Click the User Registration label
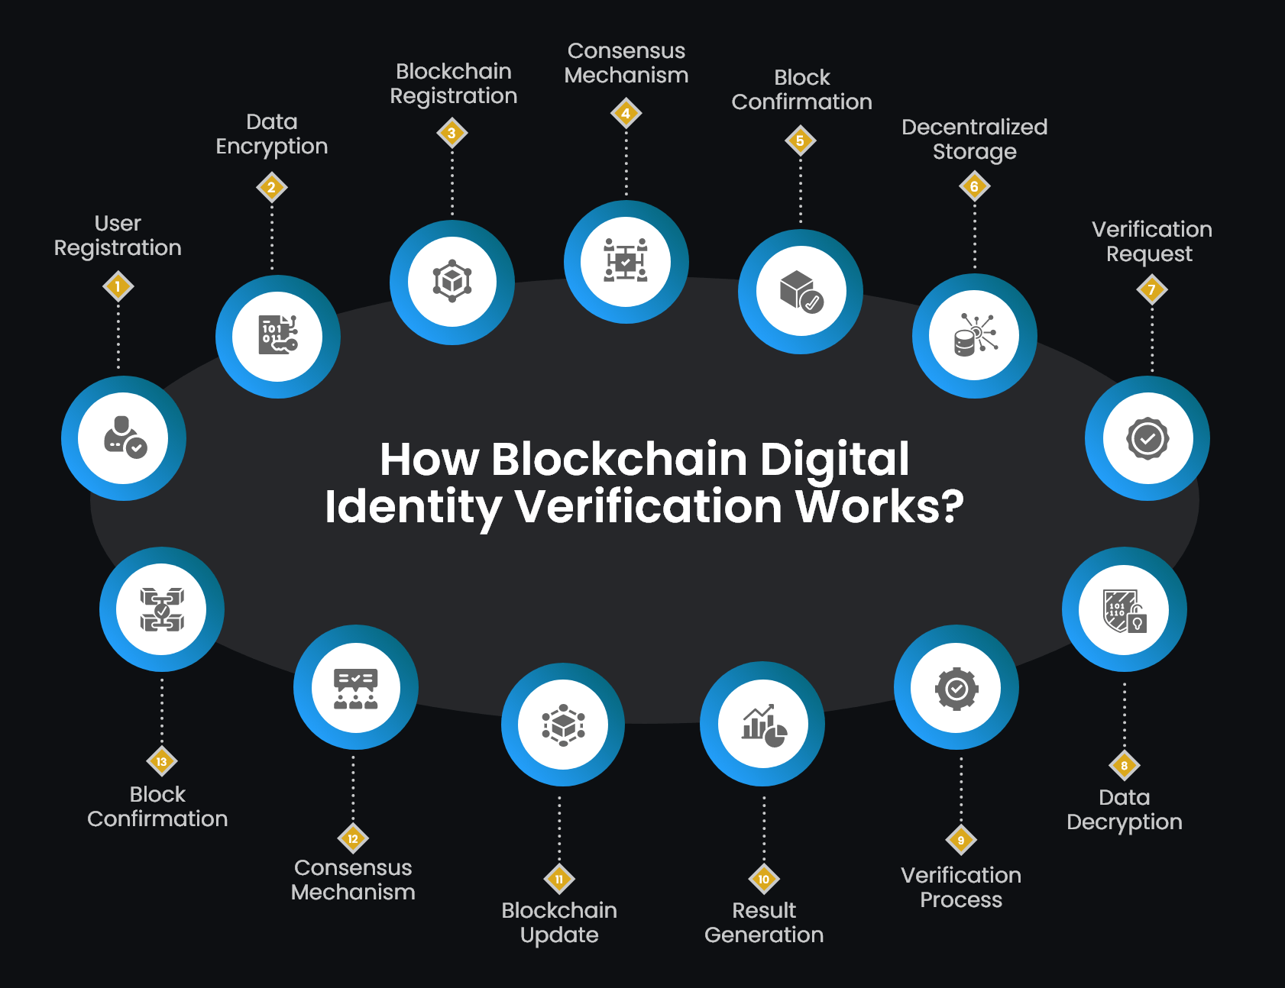coord(118,235)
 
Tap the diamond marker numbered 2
coord(271,187)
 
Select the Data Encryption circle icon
coord(278,336)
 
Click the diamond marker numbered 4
coord(626,114)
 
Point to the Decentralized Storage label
coord(974,139)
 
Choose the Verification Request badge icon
coord(1147,438)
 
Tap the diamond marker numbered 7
coord(1151,289)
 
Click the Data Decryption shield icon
coord(1124,610)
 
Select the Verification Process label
coord(960,887)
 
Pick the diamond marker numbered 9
coord(960,840)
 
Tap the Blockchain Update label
coord(559,922)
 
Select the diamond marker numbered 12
coord(353,838)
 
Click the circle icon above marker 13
coord(162,609)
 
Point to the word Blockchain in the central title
coord(619,459)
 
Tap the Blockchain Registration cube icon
coord(452,282)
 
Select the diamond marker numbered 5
coord(800,140)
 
